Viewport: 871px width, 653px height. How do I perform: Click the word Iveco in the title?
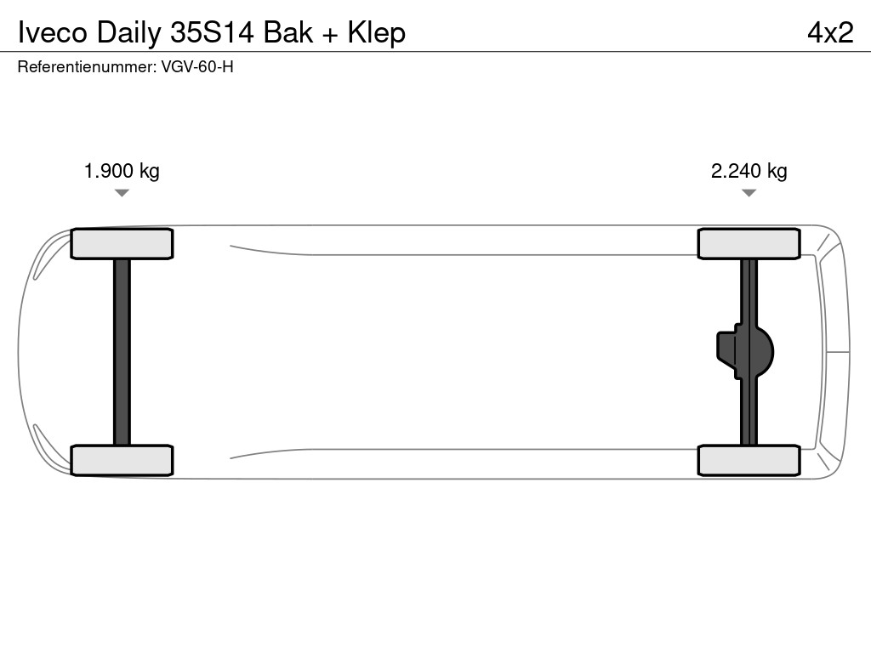(x=53, y=32)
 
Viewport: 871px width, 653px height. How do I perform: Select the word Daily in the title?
(x=129, y=34)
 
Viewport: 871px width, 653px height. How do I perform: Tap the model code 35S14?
(x=212, y=32)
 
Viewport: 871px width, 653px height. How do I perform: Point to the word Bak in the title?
(x=287, y=32)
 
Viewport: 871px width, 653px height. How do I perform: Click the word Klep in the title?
(x=377, y=34)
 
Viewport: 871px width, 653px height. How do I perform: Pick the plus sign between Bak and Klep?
(x=330, y=35)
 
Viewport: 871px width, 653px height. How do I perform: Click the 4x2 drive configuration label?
(x=830, y=32)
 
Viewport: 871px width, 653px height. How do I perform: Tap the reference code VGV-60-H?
(x=197, y=66)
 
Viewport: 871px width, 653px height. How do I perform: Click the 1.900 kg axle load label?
(x=122, y=171)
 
